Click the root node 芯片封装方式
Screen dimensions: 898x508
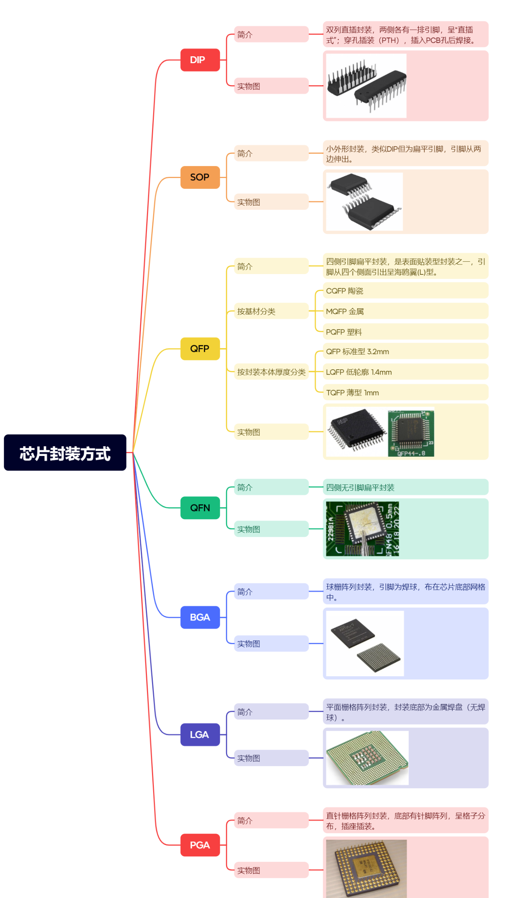[x=65, y=452]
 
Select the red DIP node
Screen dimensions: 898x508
[x=200, y=60]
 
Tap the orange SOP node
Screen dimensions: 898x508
[x=200, y=177]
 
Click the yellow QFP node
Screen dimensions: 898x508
[x=200, y=349]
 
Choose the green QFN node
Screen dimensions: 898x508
[x=200, y=508]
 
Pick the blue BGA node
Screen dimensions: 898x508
[x=200, y=617]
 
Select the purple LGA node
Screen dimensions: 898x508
[x=200, y=735]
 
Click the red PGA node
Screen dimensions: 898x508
[x=200, y=845]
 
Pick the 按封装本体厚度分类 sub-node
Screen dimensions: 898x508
[x=271, y=372]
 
